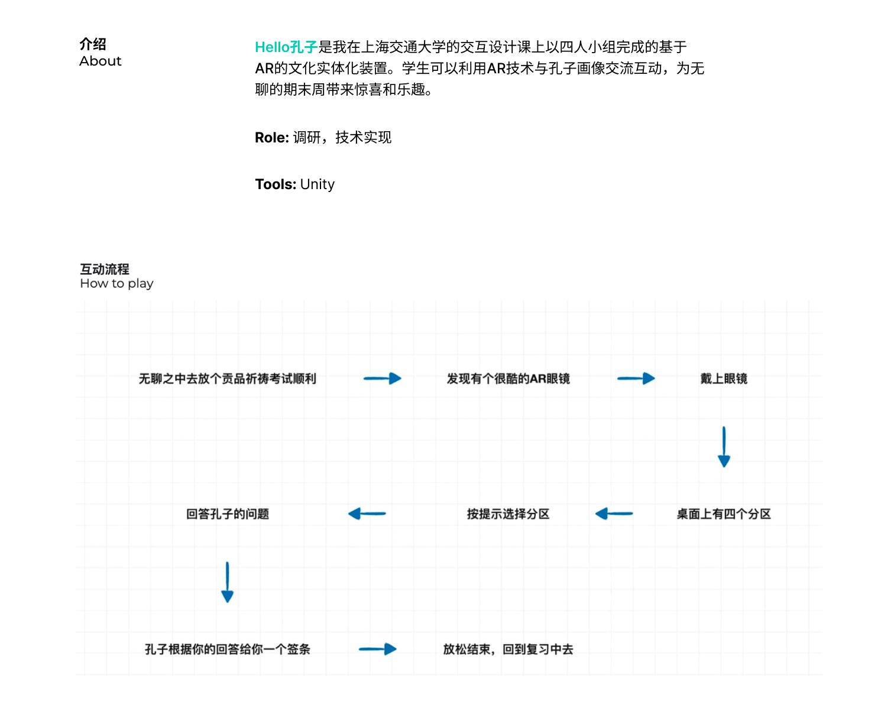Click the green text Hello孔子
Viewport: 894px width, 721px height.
pos(286,47)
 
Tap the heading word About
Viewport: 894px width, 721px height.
pos(101,61)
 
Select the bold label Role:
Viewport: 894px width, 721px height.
pos(272,138)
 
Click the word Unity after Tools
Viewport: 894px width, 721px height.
pos(318,184)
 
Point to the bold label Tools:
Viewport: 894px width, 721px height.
pos(276,184)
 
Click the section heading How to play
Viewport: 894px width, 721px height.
pos(116,284)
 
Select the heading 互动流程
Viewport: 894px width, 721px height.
pos(105,269)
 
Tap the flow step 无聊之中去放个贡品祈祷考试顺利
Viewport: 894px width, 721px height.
pos(227,379)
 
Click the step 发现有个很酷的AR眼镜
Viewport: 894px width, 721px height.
pos(508,379)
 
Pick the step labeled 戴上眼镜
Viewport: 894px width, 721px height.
pos(724,379)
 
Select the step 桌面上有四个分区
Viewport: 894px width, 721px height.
pos(724,514)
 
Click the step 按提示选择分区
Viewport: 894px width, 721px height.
pos(508,514)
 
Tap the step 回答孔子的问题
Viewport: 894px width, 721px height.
pos(228,514)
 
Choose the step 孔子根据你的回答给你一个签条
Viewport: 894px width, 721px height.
pos(228,649)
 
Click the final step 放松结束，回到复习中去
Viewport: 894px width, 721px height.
pos(508,649)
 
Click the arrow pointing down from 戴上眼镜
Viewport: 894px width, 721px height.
pos(724,447)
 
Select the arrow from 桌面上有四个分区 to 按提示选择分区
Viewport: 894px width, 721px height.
pos(614,514)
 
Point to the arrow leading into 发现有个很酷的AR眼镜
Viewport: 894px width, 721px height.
pos(382,378)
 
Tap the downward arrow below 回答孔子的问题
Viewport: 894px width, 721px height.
pos(227,582)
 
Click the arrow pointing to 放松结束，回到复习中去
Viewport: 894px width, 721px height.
pos(378,649)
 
